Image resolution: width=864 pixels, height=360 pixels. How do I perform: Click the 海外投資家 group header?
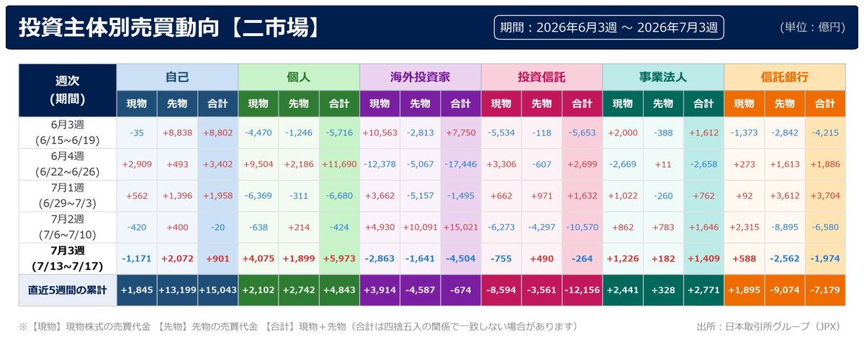(420, 77)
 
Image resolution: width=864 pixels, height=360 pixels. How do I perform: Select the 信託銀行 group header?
(785, 77)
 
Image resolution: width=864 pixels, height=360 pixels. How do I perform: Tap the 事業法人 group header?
(663, 77)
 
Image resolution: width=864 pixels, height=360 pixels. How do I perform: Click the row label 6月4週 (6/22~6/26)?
(68, 164)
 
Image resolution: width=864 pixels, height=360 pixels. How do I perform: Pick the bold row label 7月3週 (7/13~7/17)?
(68, 258)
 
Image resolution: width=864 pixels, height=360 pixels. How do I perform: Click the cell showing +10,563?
(379, 132)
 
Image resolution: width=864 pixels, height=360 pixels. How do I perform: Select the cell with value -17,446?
(461, 164)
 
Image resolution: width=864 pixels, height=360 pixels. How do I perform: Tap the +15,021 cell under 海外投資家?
(461, 228)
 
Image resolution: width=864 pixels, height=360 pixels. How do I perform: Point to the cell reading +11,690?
(339, 164)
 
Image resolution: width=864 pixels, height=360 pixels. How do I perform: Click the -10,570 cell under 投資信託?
(582, 228)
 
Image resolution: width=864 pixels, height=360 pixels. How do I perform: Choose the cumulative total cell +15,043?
(217, 290)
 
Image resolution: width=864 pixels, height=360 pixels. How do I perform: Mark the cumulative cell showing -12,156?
(582, 290)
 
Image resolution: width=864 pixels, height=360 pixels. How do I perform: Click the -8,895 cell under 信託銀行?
(785, 228)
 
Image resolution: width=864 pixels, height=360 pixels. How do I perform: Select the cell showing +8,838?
(177, 132)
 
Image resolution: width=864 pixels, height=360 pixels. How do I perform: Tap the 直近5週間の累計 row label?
(68, 290)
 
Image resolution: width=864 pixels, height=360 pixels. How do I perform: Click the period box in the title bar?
(608, 27)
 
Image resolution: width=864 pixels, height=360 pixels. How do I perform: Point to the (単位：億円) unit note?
(812, 27)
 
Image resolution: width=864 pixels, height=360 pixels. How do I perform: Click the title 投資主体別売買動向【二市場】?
(169, 27)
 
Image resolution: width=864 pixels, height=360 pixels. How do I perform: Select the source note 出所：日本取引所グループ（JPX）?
(769, 327)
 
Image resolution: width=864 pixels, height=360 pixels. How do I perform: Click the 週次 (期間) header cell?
(68, 90)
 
